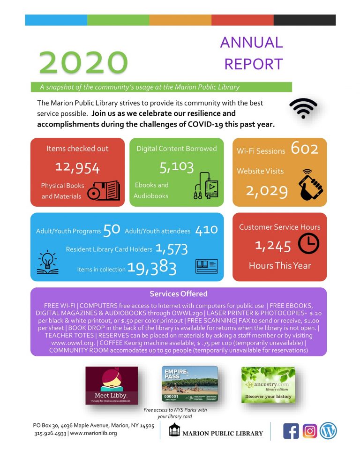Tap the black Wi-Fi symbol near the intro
(x=303, y=108)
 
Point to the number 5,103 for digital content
(x=177, y=165)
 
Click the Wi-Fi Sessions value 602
(x=305, y=149)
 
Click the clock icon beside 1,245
(x=309, y=244)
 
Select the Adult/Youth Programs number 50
(x=112, y=230)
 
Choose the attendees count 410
(x=207, y=230)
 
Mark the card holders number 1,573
(x=172, y=249)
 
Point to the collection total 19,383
(x=151, y=269)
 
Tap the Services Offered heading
(x=178, y=294)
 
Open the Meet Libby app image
(x=112, y=385)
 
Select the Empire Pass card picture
(x=189, y=384)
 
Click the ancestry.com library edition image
(x=268, y=384)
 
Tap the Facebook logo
(x=291, y=431)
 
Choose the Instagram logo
(x=310, y=431)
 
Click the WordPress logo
(x=329, y=431)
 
